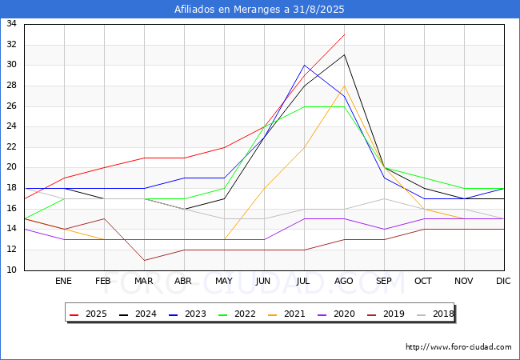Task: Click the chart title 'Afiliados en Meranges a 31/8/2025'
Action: (260, 10)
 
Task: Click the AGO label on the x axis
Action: (344, 282)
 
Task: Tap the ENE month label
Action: (64, 282)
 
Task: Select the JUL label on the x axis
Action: (304, 282)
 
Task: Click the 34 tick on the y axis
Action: (12, 24)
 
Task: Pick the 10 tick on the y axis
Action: (12, 270)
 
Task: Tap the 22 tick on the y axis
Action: (12, 147)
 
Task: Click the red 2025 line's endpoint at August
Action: (344, 34)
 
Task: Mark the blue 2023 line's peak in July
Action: (304, 65)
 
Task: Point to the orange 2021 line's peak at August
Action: (344, 86)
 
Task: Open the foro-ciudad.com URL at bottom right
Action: (458, 347)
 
